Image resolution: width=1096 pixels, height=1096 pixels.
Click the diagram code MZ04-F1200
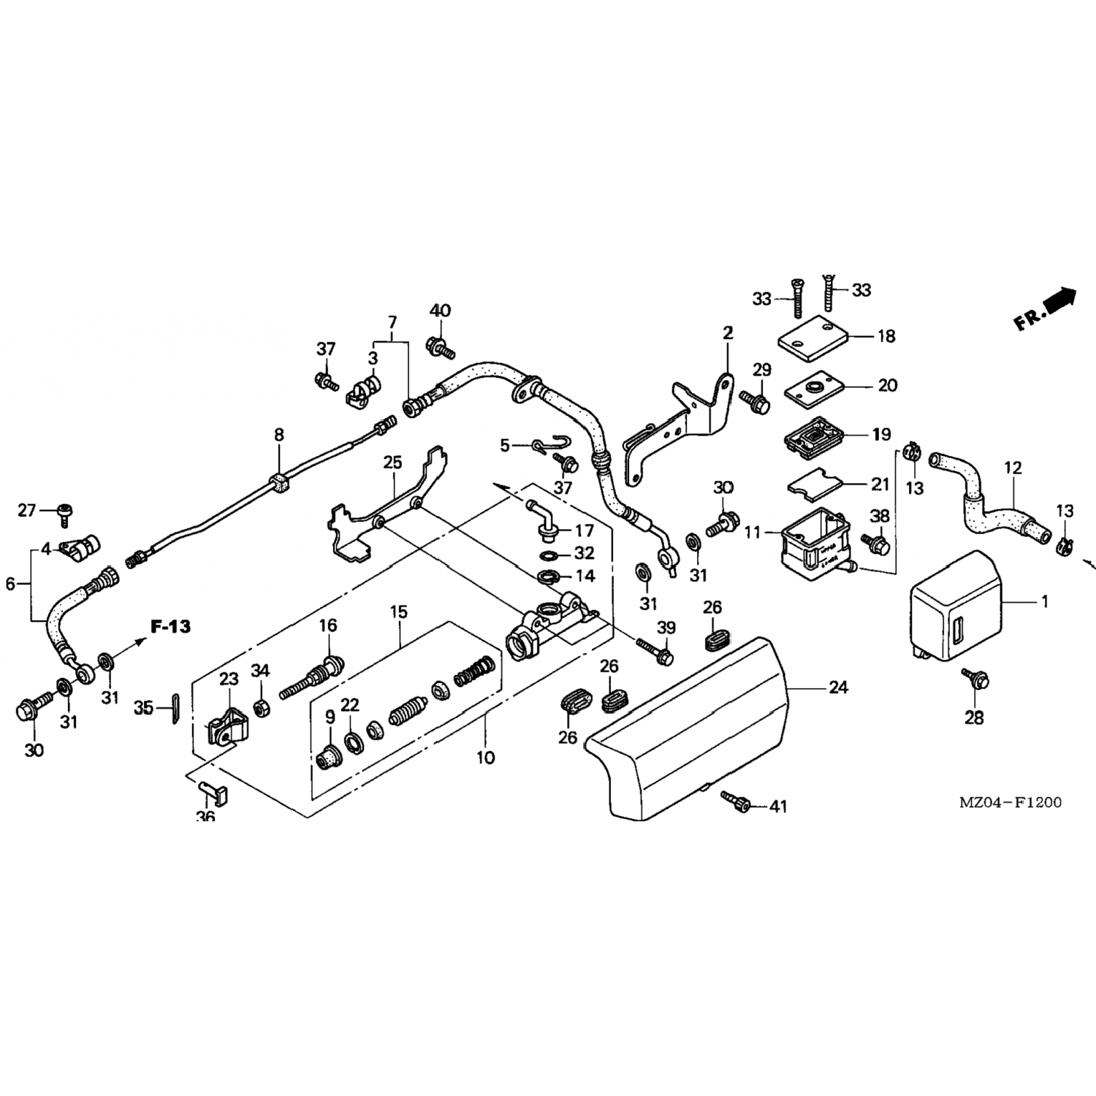[x=1010, y=802]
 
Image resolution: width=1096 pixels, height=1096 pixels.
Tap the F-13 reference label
[x=170, y=626]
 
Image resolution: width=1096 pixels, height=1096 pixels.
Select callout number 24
[x=838, y=687]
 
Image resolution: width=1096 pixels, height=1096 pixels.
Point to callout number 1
[x=1045, y=601]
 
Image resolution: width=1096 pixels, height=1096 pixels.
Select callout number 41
[x=778, y=806]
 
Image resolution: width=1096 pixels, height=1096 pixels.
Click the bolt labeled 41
[x=737, y=802]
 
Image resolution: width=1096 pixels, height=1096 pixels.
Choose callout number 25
[x=392, y=463]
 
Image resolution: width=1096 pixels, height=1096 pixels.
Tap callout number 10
[x=485, y=757]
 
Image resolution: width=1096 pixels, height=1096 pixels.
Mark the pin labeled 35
[x=174, y=709]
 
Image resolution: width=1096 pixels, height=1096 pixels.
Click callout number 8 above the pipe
[x=278, y=435]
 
